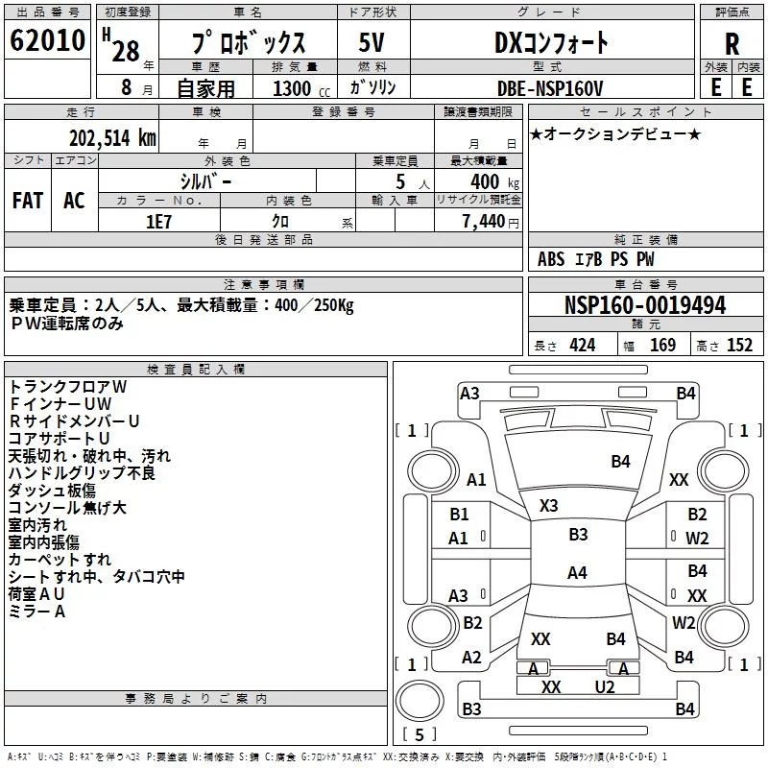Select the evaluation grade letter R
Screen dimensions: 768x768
tap(732, 45)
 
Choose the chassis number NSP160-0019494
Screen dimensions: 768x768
tap(644, 306)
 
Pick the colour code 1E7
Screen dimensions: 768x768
tap(157, 220)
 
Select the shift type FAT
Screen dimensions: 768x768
tap(28, 200)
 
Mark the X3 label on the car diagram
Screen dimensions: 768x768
tap(549, 506)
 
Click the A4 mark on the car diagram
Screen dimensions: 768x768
tap(577, 573)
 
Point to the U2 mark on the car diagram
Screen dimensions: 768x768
tap(604, 686)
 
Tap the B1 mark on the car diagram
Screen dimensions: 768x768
tap(460, 515)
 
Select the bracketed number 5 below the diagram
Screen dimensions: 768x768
tap(420, 734)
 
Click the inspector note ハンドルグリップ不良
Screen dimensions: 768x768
tap(82, 472)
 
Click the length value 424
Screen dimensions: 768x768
tap(582, 346)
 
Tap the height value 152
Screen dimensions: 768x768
tap(739, 346)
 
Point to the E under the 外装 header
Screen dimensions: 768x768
tap(715, 86)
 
